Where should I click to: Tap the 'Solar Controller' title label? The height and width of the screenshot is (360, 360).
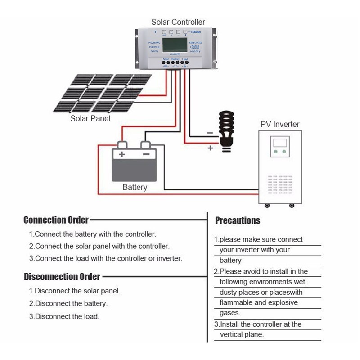click(178, 22)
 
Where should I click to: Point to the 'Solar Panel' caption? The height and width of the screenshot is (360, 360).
click(90, 118)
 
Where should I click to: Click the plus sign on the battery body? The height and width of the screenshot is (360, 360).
click(121, 154)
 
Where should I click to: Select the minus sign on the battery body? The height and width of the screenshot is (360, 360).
click(146, 154)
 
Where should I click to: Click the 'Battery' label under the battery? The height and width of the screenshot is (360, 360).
click(135, 187)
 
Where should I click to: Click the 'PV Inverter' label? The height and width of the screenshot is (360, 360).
click(280, 124)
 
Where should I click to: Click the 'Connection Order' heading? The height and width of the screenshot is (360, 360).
click(56, 220)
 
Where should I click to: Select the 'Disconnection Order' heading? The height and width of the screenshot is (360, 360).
click(62, 276)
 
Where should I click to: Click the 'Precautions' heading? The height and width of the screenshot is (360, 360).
click(238, 220)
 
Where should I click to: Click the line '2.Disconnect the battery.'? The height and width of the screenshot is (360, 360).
click(68, 303)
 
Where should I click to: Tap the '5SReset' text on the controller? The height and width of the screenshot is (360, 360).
click(196, 32)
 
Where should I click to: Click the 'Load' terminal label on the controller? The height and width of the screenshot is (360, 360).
click(185, 59)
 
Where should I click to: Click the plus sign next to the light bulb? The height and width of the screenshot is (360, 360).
click(210, 148)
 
